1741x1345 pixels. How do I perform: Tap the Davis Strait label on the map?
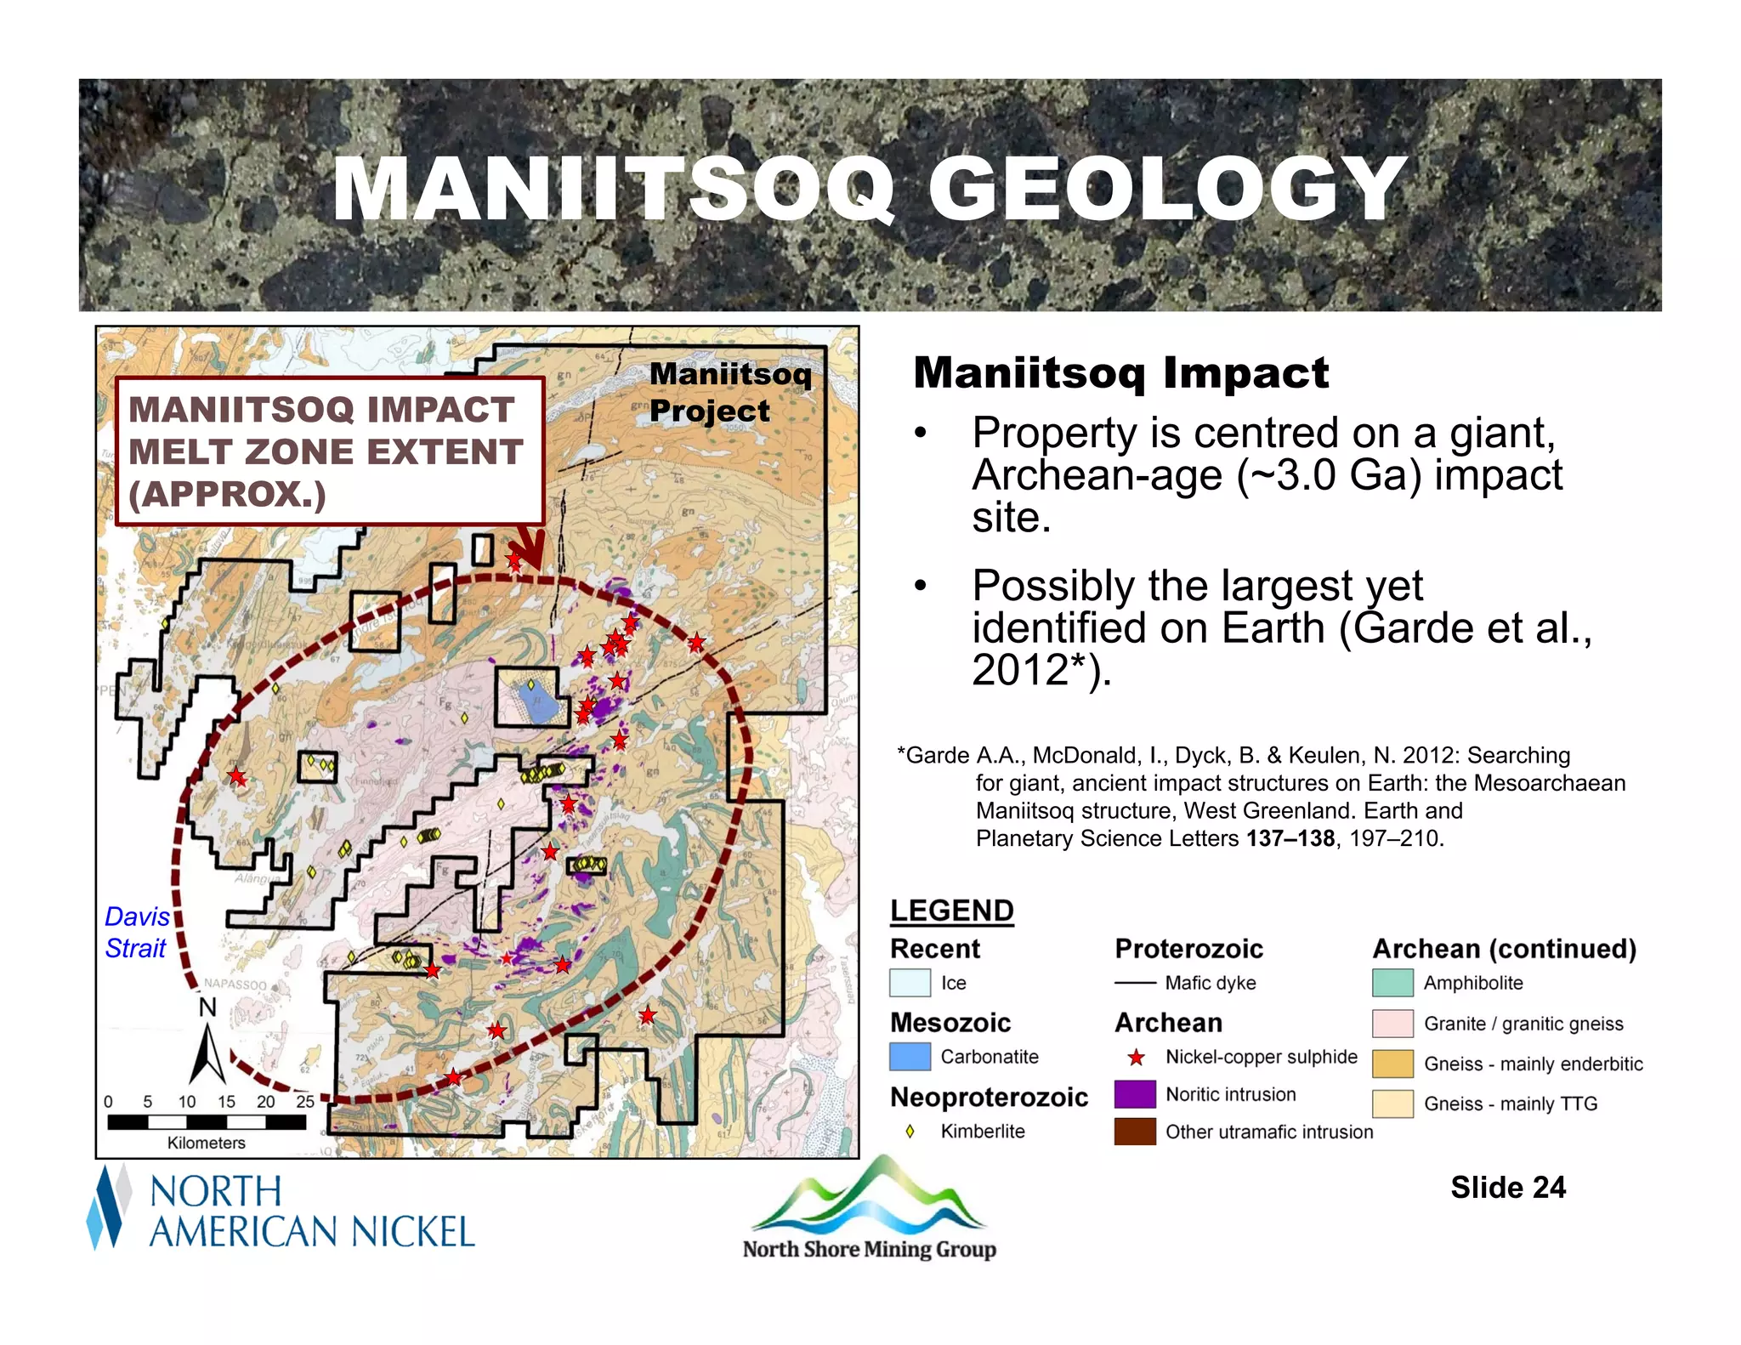click(x=136, y=933)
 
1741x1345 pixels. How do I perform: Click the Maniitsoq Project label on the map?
click(x=729, y=392)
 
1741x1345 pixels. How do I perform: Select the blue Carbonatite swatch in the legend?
click(x=910, y=1057)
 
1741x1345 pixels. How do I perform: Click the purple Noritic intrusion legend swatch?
click(x=1134, y=1094)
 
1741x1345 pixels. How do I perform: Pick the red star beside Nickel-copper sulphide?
click(x=1136, y=1058)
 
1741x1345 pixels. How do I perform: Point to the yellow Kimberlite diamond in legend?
click(x=910, y=1132)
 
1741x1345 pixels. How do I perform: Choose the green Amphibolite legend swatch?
click(x=1392, y=983)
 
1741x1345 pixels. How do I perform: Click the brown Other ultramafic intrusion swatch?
click(x=1134, y=1132)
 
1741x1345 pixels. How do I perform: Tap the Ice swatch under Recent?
click(x=910, y=983)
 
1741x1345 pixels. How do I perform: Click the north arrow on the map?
click(x=207, y=1054)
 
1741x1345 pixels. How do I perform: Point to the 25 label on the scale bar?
click(x=304, y=1101)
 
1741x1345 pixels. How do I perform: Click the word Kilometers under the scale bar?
click(x=206, y=1143)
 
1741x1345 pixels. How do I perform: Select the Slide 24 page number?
click(x=1507, y=1187)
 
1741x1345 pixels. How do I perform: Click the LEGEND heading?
click(x=951, y=911)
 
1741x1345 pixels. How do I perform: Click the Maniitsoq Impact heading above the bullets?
click(x=1120, y=372)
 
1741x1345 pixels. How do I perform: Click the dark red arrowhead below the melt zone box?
click(x=532, y=556)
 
